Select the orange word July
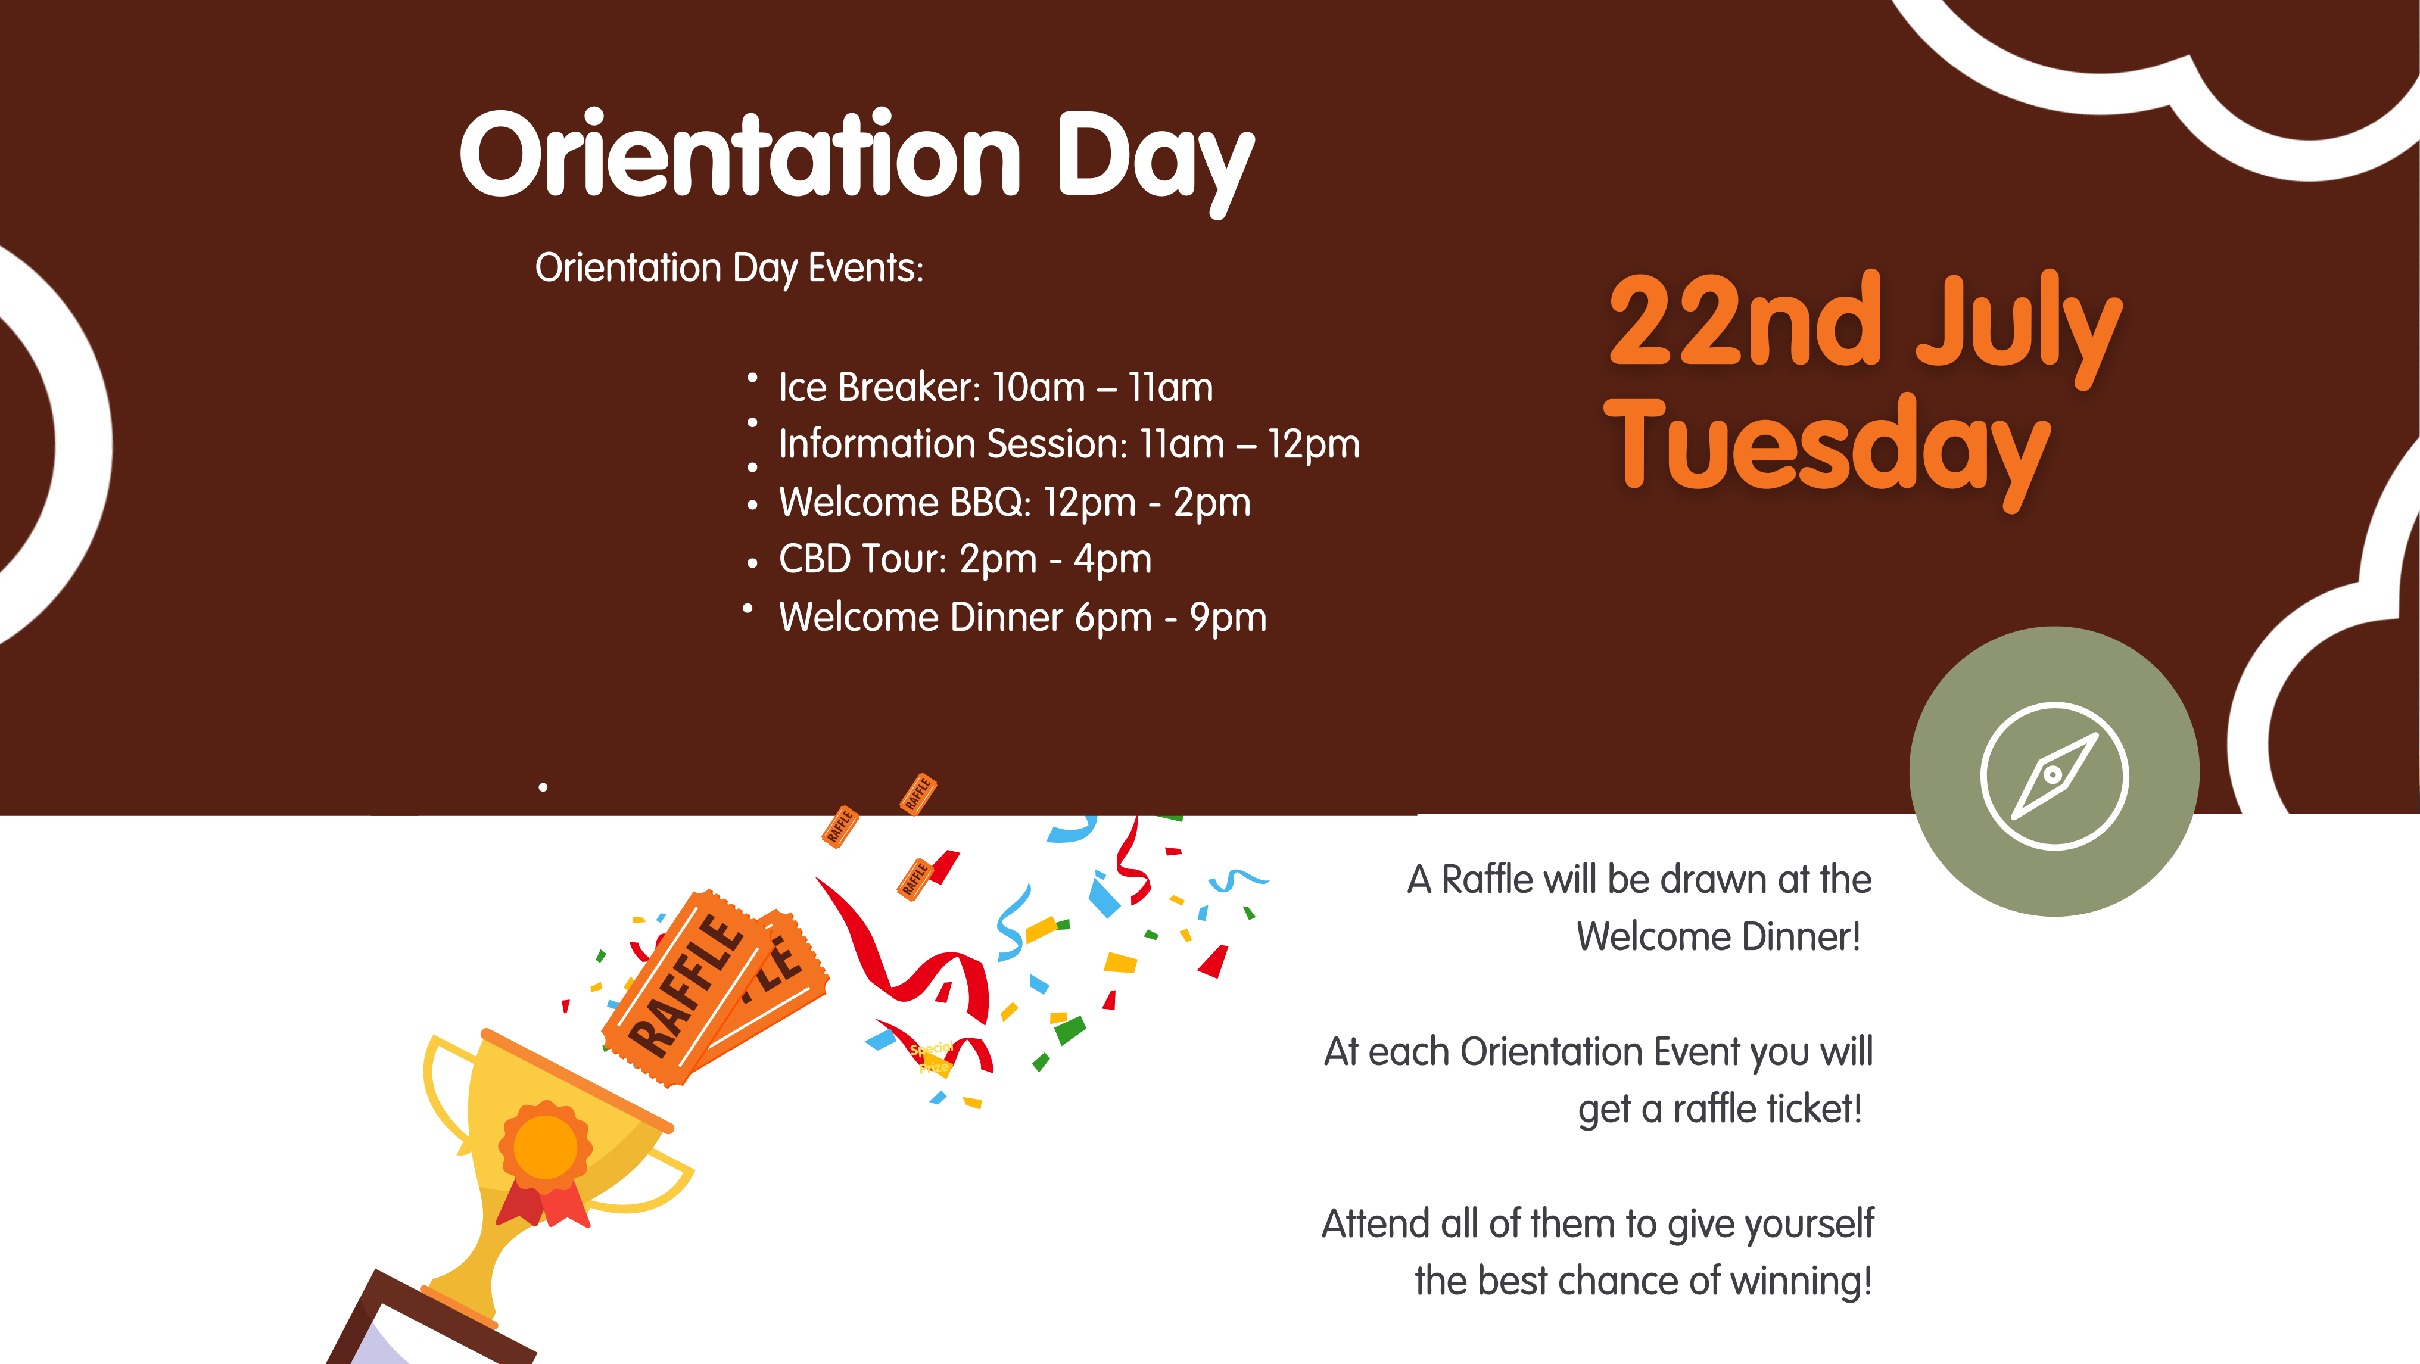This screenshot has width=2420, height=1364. pyautogui.click(x=2018, y=329)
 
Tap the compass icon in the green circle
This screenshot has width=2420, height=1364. pyautogui.click(x=2054, y=776)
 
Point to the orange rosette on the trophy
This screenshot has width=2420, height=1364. pyautogui.click(x=545, y=1146)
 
